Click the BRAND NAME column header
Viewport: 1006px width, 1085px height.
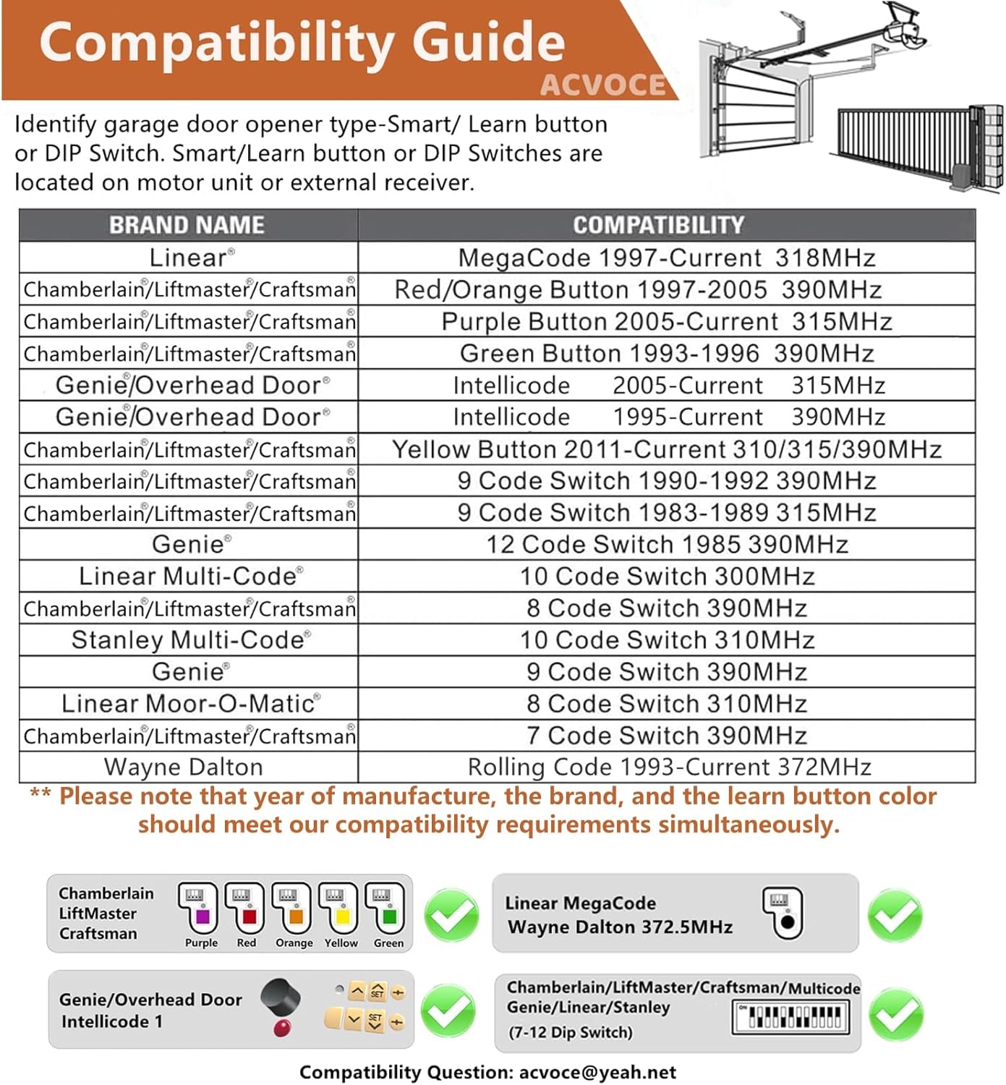[187, 225]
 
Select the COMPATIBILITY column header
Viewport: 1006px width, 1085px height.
[658, 225]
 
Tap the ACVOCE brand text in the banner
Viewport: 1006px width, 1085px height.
[603, 85]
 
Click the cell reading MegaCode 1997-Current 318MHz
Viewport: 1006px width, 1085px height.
[666, 258]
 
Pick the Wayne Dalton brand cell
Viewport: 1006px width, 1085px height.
[184, 767]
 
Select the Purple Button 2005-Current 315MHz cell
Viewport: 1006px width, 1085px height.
[666, 321]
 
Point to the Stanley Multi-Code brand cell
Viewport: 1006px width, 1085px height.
[189, 639]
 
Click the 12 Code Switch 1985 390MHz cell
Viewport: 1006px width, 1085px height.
[666, 544]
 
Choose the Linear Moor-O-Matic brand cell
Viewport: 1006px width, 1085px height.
[189, 703]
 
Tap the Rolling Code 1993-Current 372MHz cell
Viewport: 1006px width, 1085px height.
[669, 767]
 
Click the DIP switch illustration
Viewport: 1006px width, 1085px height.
[791, 1016]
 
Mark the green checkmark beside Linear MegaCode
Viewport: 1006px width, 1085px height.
[895, 916]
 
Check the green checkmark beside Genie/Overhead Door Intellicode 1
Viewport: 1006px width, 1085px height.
[448, 1010]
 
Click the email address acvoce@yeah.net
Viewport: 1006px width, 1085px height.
[597, 1072]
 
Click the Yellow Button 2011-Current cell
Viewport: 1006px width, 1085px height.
[666, 449]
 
